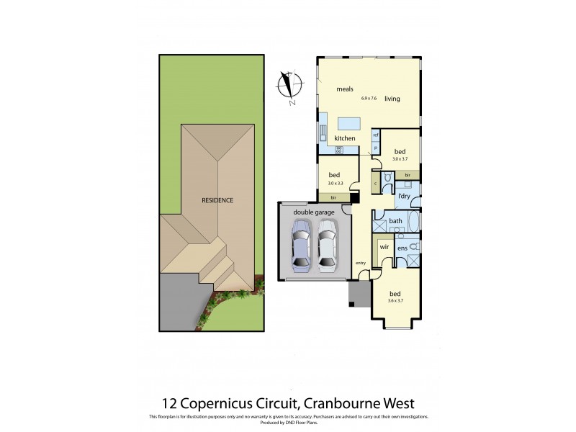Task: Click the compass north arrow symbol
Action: coord(289,86)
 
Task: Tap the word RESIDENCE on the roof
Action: coord(217,200)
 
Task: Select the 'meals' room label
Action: coord(345,89)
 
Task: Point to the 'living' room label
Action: coord(392,99)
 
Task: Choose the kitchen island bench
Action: coord(348,122)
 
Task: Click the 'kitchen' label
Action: coord(345,138)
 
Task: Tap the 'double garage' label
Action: coord(315,212)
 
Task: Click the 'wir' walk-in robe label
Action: coord(384,247)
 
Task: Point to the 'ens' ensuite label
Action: coord(402,248)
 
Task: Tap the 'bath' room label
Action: coord(396,221)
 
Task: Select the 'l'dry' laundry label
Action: coord(404,196)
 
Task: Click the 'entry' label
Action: coord(361,264)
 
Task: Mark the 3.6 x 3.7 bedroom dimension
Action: coord(395,301)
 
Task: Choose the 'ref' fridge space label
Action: coord(375,135)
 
